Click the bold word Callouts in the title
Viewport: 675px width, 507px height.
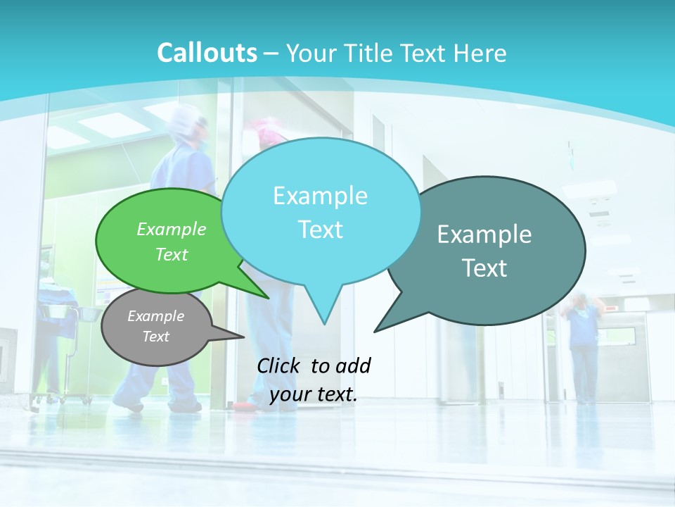point(207,54)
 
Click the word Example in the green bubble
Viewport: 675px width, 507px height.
point(171,230)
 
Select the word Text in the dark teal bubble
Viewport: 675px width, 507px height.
point(484,268)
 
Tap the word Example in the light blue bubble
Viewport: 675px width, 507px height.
point(320,196)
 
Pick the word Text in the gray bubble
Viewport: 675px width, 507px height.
point(155,337)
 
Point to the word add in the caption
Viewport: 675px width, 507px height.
point(352,365)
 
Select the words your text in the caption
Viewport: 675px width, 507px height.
point(314,394)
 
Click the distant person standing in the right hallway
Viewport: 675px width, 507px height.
point(582,345)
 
